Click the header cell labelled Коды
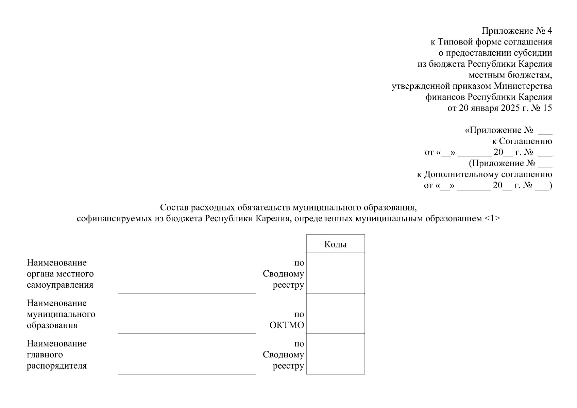[335, 244]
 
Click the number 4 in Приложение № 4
[549, 31]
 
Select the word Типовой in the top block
[455, 42]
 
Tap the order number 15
[548, 108]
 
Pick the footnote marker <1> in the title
[492, 218]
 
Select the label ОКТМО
[287, 325]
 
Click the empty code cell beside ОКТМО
[335, 313]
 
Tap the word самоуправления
[60, 285]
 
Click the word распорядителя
[57, 366]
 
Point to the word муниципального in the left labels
[61, 314]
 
